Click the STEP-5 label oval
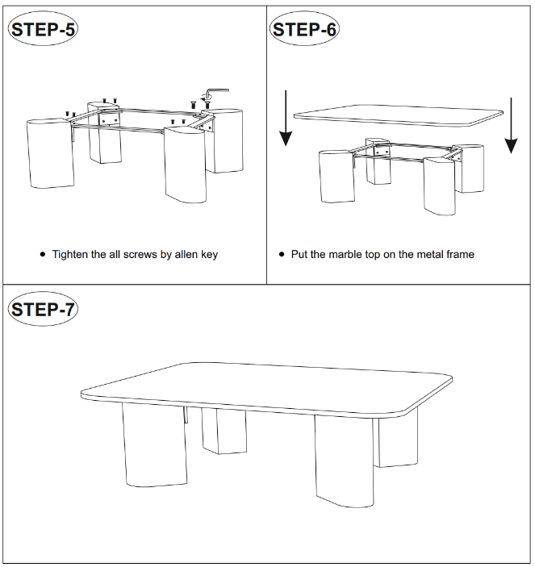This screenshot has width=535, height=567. pyautogui.click(x=43, y=28)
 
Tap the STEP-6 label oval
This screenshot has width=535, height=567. pyautogui.click(x=304, y=28)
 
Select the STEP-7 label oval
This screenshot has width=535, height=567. pyautogui.click(x=43, y=309)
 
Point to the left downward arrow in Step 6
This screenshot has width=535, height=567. pyautogui.click(x=286, y=119)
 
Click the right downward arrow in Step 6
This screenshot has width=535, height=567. pyautogui.click(x=511, y=126)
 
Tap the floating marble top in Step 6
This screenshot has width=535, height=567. pyautogui.click(x=398, y=115)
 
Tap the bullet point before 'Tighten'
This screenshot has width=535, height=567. pyautogui.click(x=43, y=254)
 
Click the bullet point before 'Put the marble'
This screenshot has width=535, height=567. pyautogui.click(x=282, y=254)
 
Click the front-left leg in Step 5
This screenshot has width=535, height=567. pyautogui.click(x=50, y=153)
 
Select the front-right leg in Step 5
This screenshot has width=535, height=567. pyautogui.click(x=186, y=165)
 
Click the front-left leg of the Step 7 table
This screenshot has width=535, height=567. pyautogui.click(x=155, y=445)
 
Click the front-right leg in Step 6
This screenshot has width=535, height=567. pyautogui.click(x=440, y=186)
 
